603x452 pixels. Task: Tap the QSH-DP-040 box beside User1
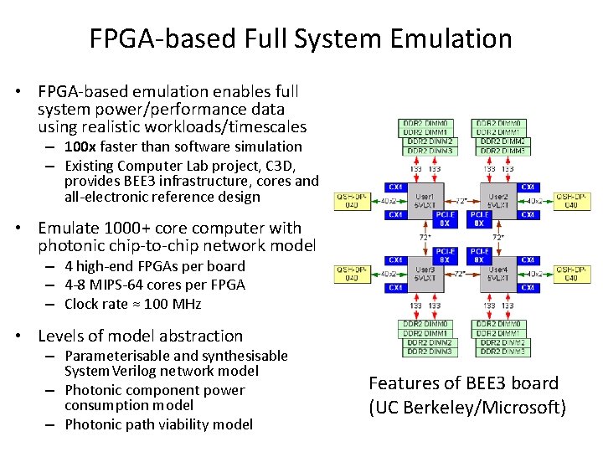point(350,201)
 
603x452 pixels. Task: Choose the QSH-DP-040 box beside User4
point(570,274)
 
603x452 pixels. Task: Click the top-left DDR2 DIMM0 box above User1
point(427,123)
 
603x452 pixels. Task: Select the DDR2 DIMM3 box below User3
point(430,352)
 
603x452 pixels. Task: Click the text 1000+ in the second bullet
point(129,228)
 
